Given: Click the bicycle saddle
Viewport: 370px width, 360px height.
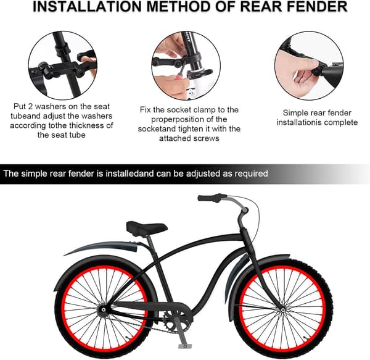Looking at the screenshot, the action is [147, 228].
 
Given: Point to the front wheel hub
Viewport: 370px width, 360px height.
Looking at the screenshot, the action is [282, 310].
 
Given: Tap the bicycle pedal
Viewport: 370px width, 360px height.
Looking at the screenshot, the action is [185, 346].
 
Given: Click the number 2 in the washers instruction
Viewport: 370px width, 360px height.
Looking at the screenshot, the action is [30, 106].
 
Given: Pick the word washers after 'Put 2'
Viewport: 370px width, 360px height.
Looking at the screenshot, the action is [51, 106].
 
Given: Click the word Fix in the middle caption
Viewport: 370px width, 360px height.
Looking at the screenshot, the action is [146, 110].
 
